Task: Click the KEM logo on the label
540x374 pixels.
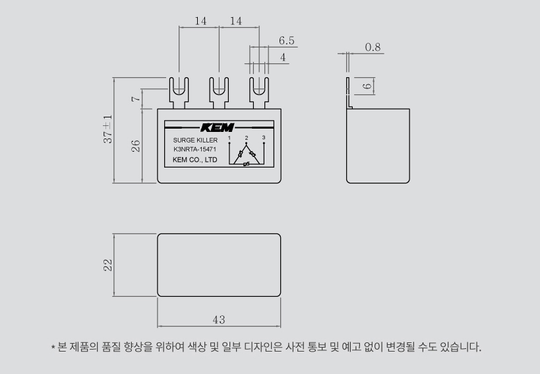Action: [218, 127]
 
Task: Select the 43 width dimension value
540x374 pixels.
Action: [219, 320]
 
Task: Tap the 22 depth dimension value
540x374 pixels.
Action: [107, 265]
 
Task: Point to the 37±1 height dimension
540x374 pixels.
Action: [107, 129]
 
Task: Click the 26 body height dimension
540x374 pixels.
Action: [136, 146]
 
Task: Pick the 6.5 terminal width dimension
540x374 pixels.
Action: [287, 41]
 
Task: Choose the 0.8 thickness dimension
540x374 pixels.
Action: [373, 47]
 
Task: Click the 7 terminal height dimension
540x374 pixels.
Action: [136, 99]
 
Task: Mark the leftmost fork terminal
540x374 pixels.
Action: [179, 93]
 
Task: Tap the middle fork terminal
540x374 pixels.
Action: [219, 93]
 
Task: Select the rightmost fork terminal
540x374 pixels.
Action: [259, 93]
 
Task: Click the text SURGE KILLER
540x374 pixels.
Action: [195, 140]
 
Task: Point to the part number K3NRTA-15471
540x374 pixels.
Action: [195, 150]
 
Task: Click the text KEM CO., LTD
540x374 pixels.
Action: [195, 160]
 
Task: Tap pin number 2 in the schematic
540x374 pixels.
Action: [247, 138]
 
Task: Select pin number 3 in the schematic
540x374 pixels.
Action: [264, 137]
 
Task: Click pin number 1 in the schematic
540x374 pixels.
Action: [229, 138]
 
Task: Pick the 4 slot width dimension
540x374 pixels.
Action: [283, 57]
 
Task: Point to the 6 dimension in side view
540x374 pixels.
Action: [368, 86]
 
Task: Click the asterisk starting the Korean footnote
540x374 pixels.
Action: [53, 347]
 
